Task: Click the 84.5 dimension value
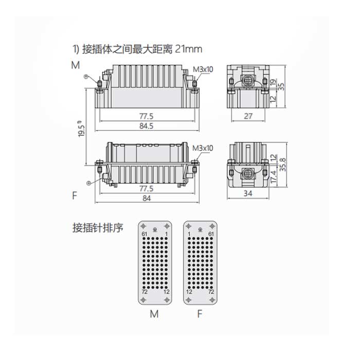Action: pos(146,126)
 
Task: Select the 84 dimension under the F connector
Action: pos(147,198)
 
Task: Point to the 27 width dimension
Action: pos(248,116)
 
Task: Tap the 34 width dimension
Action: pos(248,193)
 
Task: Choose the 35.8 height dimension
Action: pos(283,165)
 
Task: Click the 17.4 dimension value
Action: pos(274,176)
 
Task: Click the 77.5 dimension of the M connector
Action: pos(146,116)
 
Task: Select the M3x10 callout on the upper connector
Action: pos(203,69)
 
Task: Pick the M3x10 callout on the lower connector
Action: pos(203,148)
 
